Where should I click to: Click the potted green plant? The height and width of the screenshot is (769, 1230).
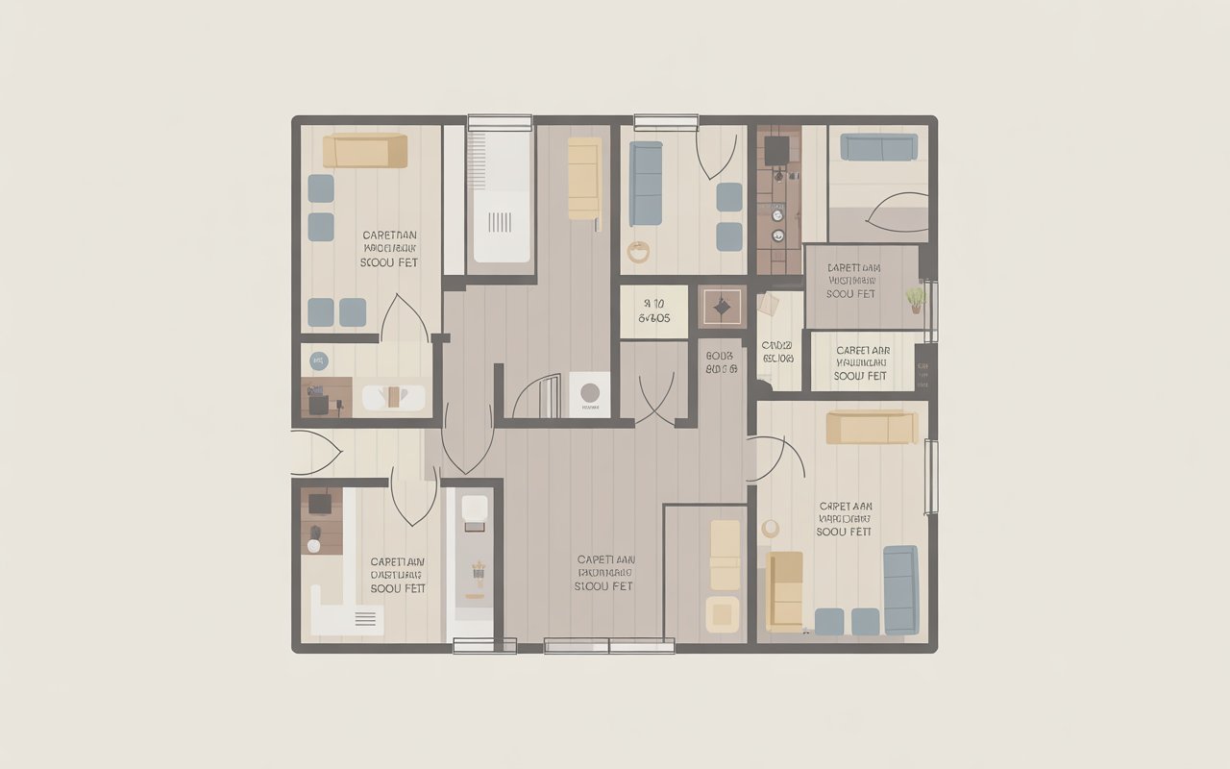pyautogui.click(x=916, y=299)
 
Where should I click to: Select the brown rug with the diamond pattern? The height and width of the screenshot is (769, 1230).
pyautogui.click(x=722, y=308)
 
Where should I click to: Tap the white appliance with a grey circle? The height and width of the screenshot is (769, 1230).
pyautogui.click(x=589, y=393)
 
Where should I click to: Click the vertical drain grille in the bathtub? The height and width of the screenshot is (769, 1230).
pyautogui.click(x=500, y=223)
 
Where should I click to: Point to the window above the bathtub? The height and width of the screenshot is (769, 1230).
pyautogui.click(x=500, y=122)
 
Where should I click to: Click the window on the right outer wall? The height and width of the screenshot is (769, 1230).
pyautogui.click(x=929, y=476)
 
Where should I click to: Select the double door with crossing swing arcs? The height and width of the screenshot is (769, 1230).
pyautogui.click(x=655, y=399)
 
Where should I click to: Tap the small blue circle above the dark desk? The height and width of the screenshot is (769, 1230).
pyautogui.click(x=318, y=361)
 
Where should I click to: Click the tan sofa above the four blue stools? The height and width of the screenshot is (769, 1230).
pyautogui.click(x=365, y=151)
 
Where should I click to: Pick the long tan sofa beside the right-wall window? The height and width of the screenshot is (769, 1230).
pyautogui.click(x=872, y=428)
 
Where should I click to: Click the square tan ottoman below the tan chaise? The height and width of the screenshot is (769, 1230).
pyautogui.click(x=723, y=613)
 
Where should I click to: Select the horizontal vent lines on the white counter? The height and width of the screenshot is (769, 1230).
pyautogui.click(x=365, y=620)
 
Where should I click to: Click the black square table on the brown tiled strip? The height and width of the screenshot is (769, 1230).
pyautogui.click(x=776, y=149)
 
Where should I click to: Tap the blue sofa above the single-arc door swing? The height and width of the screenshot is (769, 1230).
pyautogui.click(x=878, y=147)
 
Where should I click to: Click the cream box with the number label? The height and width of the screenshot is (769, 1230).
pyautogui.click(x=653, y=311)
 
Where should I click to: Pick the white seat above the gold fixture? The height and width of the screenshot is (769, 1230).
pyautogui.click(x=475, y=509)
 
